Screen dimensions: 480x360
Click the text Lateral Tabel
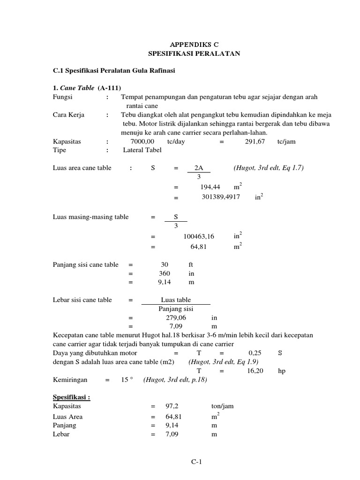click(142, 150)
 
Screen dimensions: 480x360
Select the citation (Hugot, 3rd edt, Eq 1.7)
click(269, 168)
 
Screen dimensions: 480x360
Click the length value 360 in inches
click(165, 273)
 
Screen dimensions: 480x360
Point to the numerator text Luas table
click(176, 300)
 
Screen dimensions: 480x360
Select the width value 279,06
click(169, 317)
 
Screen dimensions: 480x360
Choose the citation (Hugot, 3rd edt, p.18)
click(175, 380)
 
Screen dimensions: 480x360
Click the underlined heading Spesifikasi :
click(71, 397)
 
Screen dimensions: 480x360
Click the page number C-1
click(195, 463)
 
